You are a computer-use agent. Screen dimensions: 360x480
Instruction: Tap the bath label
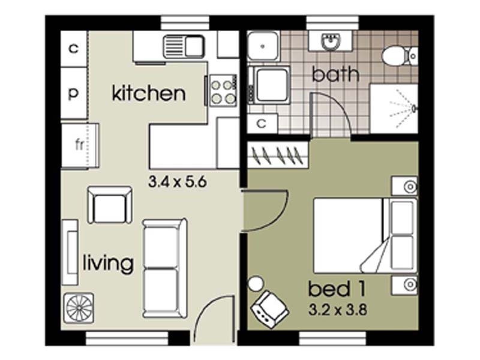click(336, 75)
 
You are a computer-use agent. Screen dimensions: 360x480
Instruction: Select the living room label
click(108, 263)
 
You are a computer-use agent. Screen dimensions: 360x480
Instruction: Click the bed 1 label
click(338, 290)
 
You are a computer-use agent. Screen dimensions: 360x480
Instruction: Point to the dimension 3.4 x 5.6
click(178, 182)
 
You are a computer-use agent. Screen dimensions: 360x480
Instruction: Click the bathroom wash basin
click(329, 41)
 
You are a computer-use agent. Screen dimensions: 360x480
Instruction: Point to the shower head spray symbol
click(402, 109)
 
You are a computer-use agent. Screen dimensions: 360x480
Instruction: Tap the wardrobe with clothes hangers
click(278, 155)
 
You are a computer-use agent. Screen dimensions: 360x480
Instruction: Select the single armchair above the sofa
click(110, 205)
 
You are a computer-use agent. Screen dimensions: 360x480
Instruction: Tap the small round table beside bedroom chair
click(257, 283)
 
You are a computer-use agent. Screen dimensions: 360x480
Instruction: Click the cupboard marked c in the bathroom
click(262, 123)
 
